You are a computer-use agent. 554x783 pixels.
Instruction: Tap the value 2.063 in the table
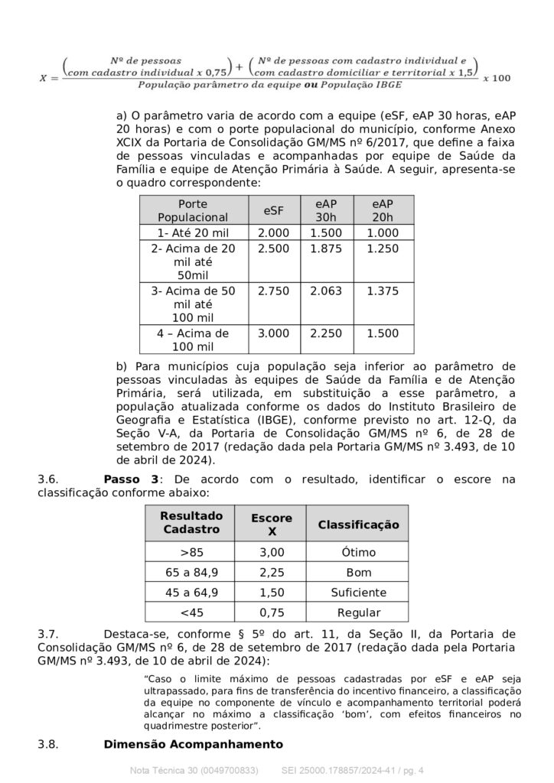point(326,292)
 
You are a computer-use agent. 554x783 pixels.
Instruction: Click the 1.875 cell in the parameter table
point(326,249)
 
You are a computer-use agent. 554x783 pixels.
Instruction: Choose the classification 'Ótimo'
point(358,553)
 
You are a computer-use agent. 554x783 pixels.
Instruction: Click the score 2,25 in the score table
point(272,573)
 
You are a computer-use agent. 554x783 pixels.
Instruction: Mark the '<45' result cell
point(191,612)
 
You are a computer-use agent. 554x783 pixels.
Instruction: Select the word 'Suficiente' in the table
point(358,593)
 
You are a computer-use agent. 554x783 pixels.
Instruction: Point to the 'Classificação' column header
point(358,525)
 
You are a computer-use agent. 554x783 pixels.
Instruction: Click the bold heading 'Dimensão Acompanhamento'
point(193,744)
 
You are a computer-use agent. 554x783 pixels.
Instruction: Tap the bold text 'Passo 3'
point(131,479)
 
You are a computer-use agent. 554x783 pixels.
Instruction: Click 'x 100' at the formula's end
point(498,78)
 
